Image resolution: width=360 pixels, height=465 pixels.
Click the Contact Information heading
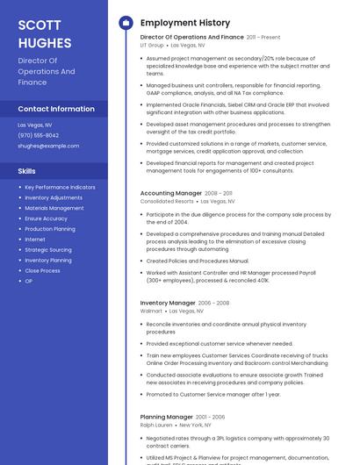click(56, 109)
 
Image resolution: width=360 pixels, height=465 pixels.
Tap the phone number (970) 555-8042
click(39, 135)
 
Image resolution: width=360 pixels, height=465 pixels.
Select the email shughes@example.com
click(48, 146)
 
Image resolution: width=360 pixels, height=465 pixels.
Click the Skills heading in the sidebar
click(27, 170)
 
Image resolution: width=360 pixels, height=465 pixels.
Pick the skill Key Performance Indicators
click(60, 187)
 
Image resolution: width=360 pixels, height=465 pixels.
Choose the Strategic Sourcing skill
click(48, 249)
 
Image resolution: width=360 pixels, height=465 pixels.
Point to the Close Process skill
click(42, 270)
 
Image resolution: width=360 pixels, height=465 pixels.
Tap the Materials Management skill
click(54, 208)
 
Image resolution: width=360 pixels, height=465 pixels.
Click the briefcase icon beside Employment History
click(126, 23)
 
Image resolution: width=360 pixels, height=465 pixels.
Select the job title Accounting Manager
click(171, 192)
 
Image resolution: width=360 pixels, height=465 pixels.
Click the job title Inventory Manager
click(168, 303)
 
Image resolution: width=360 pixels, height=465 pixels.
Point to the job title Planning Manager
click(166, 417)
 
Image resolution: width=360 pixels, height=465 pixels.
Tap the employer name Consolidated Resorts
click(167, 201)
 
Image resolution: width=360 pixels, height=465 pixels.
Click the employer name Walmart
click(152, 311)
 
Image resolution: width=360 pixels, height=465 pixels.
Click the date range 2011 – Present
click(263, 38)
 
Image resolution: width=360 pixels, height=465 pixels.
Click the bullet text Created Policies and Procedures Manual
click(198, 261)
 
